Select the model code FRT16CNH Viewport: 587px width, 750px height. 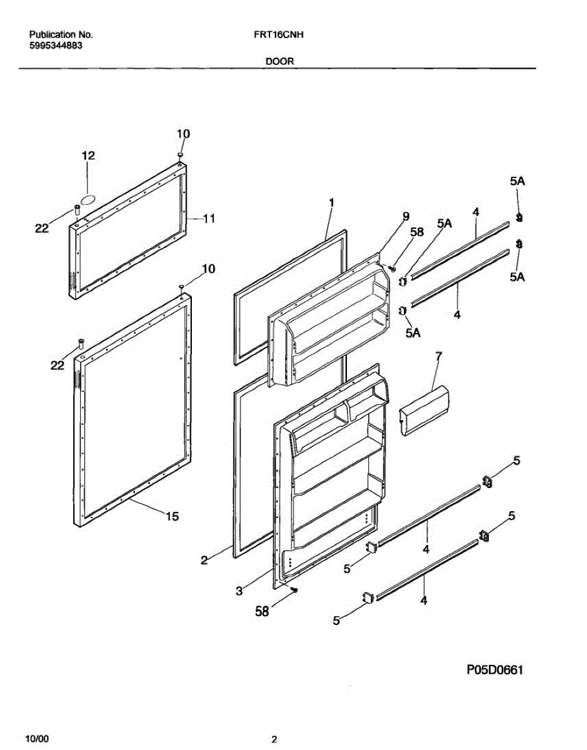pos(275,36)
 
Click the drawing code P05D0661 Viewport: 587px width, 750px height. pos(494,671)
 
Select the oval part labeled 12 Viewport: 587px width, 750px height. pos(89,199)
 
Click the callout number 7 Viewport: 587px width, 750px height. pos(438,356)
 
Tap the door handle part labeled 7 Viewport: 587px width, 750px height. pos(425,409)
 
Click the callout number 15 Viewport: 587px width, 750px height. pos(172,516)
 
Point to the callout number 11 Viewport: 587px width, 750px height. pos(209,218)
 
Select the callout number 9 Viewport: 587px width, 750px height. pos(406,216)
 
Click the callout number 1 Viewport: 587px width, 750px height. pos(332,202)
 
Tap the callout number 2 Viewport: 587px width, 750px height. pos(204,560)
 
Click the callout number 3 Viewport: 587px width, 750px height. pos(239,591)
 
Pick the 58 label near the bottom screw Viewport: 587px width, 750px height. pos(262,612)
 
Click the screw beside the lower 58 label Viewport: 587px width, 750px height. pos(294,589)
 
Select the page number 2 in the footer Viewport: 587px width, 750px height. pos(274,740)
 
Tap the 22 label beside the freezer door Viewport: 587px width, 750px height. pos(41,229)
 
